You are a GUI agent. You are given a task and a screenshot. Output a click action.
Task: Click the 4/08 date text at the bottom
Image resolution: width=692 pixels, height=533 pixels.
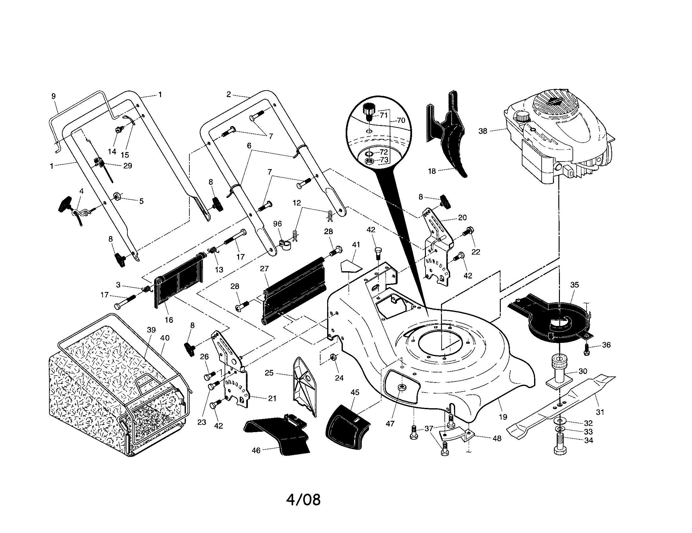point(303,500)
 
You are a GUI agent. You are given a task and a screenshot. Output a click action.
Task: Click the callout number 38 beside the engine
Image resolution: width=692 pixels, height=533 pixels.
point(483,131)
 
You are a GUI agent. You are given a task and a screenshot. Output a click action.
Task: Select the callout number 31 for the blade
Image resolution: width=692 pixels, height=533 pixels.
point(600,412)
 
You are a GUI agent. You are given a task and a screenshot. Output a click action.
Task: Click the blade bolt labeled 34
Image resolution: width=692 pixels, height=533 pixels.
point(560,447)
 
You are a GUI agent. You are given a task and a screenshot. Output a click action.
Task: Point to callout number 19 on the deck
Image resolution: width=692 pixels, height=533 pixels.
point(503,417)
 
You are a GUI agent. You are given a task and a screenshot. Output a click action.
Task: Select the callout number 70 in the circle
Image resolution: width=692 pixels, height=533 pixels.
point(401,120)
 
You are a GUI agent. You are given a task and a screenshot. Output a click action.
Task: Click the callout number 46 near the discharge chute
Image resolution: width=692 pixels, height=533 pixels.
point(256,450)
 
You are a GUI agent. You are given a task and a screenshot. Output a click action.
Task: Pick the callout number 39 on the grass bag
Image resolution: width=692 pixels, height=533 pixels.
point(152,330)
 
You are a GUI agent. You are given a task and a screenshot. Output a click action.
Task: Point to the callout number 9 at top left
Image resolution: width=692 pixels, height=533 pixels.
point(53,96)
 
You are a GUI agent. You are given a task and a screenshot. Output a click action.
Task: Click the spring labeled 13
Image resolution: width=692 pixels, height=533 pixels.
point(213,250)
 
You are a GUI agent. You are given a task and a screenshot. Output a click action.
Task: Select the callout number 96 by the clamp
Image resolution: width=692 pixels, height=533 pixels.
point(277,224)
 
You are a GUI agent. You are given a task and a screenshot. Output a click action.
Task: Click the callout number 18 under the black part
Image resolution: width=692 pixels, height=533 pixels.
point(432,171)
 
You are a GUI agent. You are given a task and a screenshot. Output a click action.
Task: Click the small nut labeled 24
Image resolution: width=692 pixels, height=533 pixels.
point(333,357)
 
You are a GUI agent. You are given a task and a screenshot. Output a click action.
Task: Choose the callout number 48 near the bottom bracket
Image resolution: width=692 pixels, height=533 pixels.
point(497,438)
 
